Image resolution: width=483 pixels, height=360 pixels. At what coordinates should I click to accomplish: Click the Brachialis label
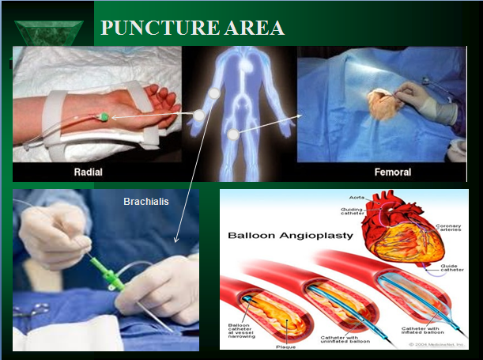pos(146,202)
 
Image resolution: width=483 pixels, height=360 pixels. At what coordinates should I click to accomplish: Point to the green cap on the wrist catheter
pos(104,119)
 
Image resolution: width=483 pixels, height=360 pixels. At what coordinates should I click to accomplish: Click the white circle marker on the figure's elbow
pos(198,116)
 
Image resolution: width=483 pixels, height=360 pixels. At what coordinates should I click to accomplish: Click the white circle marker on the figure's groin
pos(233,135)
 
